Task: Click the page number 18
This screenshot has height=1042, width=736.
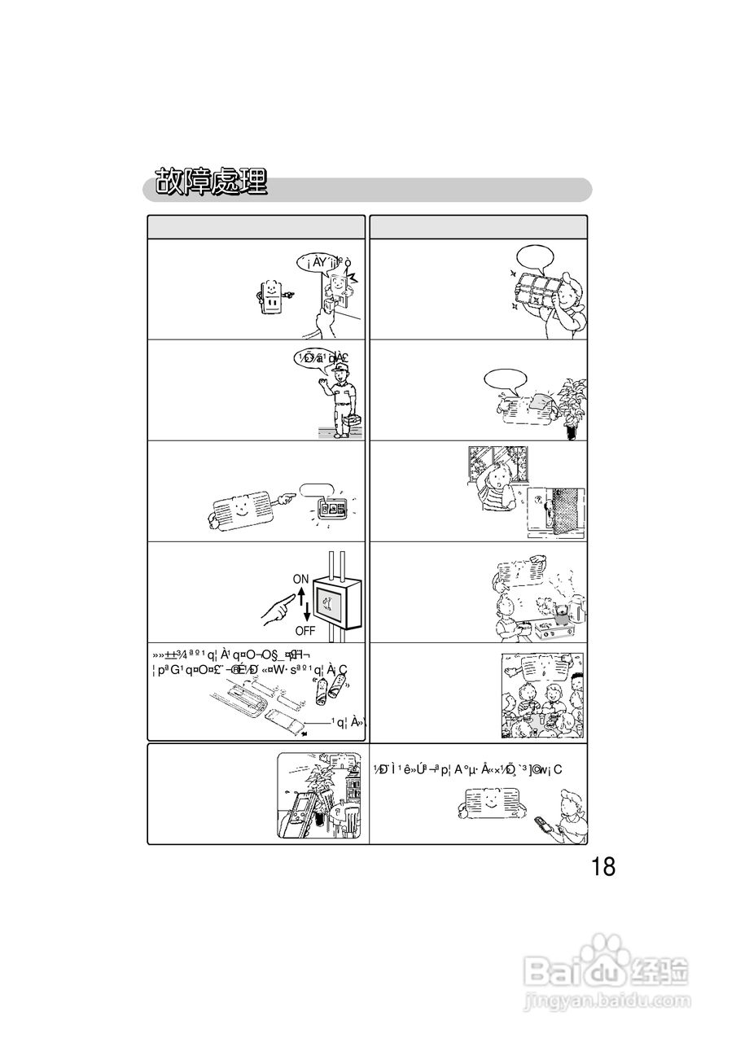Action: coord(603,866)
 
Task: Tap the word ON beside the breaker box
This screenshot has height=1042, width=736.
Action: coord(301,579)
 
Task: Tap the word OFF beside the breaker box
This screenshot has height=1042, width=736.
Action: coord(304,630)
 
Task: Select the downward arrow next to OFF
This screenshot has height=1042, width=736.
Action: coord(308,614)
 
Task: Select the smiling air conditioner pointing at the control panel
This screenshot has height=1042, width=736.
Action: coord(242,511)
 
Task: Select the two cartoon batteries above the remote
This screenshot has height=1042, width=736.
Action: coord(328,690)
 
